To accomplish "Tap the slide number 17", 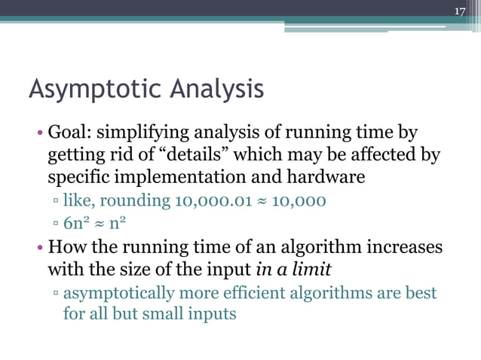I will (461, 11).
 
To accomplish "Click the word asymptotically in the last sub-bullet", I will (121, 292).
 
